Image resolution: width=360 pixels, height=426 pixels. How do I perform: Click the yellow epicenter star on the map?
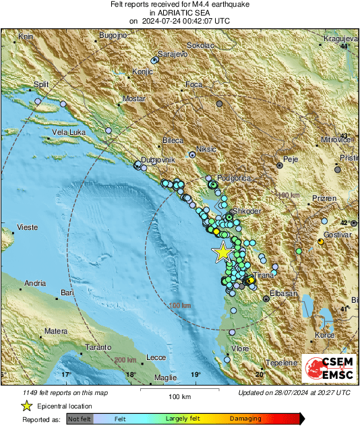pos(222,253)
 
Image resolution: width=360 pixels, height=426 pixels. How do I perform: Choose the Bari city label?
pos(66,293)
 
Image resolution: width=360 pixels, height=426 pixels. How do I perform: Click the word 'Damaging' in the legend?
pos(246,419)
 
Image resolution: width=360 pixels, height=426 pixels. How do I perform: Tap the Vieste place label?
pos(27,227)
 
